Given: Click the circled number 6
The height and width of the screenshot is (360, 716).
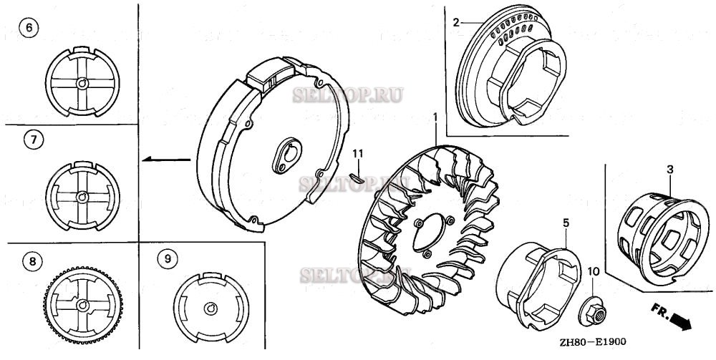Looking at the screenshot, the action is (x=29, y=28).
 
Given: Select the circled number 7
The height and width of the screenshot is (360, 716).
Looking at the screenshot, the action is (x=33, y=140).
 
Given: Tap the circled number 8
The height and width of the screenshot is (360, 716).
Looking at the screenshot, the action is (x=32, y=261).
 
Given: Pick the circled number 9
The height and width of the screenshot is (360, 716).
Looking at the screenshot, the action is (x=168, y=259).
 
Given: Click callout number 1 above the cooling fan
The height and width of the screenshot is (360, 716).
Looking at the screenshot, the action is (x=435, y=117).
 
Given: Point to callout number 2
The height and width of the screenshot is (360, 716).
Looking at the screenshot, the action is (x=455, y=22).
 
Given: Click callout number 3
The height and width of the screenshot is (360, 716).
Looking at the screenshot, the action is (x=670, y=170).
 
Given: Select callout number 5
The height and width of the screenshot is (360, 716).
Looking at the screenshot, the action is (x=566, y=223).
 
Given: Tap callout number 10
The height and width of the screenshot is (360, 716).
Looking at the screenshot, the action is (x=593, y=272).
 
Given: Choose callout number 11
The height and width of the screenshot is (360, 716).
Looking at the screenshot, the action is (x=358, y=154).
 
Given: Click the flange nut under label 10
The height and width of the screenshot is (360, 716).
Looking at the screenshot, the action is (x=592, y=313).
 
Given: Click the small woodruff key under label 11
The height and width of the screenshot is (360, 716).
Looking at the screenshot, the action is (x=356, y=177).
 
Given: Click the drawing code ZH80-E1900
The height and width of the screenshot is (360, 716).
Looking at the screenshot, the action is (x=591, y=341).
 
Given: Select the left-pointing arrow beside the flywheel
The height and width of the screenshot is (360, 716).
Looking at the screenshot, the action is (x=166, y=159).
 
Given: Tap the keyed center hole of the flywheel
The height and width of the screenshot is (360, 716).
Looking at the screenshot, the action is (x=288, y=156).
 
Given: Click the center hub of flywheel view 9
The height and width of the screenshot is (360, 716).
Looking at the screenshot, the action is (x=211, y=308).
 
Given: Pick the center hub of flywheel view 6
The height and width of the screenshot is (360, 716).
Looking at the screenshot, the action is (x=82, y=83).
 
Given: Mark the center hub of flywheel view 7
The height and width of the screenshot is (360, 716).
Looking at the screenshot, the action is (x=82, y=197).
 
